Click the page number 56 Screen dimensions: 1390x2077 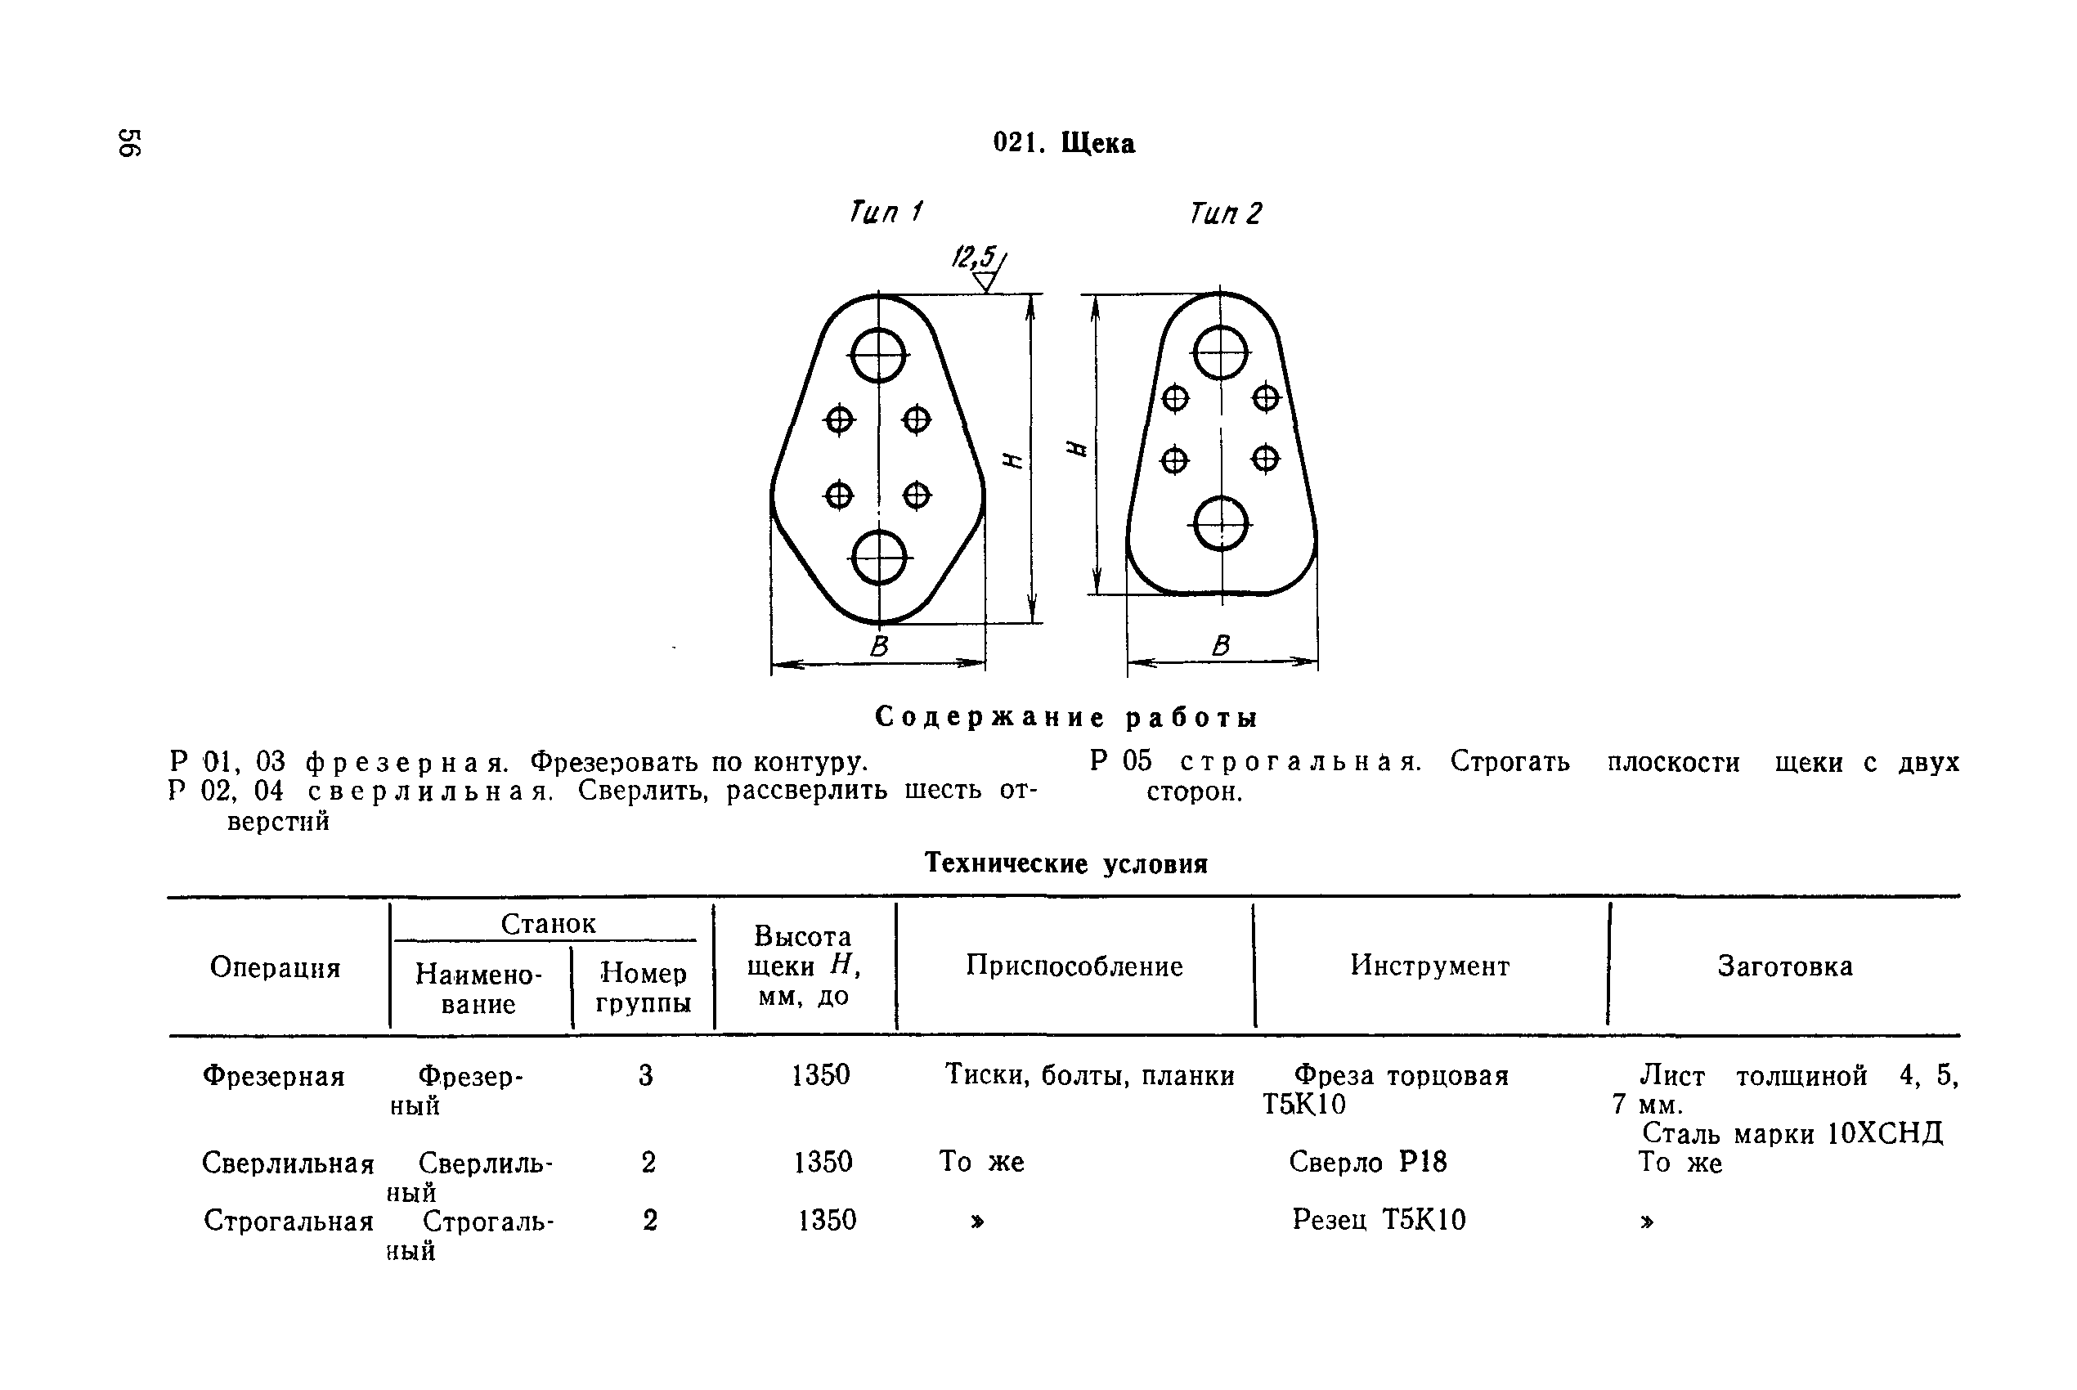[129, 143]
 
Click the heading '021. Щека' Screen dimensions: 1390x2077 [1063, 143]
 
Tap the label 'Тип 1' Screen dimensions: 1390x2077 [886, 212]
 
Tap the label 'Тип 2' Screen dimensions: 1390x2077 [1225, 213]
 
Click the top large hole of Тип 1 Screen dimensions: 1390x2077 [878, 356]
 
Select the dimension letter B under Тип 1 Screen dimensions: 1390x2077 [878, 645]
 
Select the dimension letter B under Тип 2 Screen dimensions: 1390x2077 [1221, 645]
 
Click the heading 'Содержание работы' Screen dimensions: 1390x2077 [1065, 717]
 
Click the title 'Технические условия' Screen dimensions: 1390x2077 [1065, 863]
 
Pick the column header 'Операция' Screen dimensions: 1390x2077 [275, 967]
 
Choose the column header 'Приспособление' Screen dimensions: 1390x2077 [1074, 966]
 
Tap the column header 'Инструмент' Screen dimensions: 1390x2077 [1430, 966]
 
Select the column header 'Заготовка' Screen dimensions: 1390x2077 [1784, 966]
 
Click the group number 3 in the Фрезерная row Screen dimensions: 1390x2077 [645, 1075]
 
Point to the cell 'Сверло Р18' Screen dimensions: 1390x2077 [1367, 1161]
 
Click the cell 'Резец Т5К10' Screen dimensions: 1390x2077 [1379, 1220]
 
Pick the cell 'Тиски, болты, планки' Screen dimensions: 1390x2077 [1088, 1075]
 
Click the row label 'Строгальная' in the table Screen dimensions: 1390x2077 [288, 1221]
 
